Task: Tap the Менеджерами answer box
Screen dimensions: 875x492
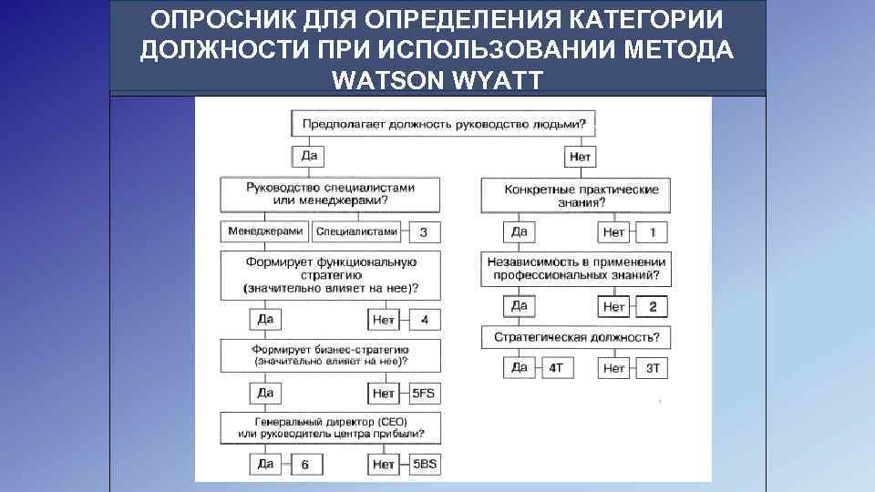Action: tap(265, 231)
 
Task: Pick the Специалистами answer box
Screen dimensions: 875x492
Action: tap(356, 231)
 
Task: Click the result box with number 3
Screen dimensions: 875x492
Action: tap(423, 232)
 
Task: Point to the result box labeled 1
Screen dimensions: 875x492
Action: tap(653, 232)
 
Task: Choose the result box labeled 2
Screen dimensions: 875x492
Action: tap(653, 306)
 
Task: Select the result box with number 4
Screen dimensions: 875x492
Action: tap(424, 320)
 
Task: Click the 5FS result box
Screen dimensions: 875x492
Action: tap(424, 394)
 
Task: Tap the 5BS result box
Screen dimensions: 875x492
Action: tap(424, 464)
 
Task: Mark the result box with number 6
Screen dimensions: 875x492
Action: tap(305, 465)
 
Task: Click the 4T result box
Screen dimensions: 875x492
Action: tap(556, 368)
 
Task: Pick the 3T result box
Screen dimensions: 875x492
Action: tap(653, 368)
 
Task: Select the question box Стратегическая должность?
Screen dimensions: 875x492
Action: tap(576, 338)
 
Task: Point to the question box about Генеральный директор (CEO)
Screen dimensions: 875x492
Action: tap(330, 428)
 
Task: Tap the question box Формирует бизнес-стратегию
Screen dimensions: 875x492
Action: tap(330, 355)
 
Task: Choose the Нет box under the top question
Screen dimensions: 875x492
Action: tap(580, 157)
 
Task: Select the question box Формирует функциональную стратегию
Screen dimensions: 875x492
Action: tap(330, 275)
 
